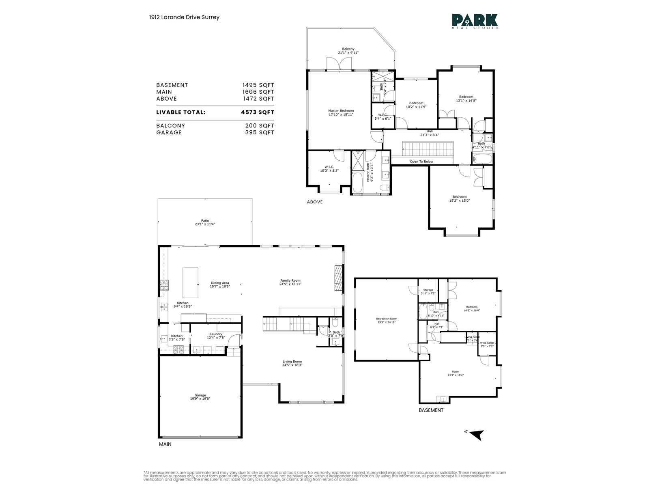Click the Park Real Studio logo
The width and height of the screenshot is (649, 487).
475,21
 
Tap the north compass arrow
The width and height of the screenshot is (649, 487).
478,435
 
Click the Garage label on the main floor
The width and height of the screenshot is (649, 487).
200,395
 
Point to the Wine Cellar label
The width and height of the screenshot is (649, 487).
487,343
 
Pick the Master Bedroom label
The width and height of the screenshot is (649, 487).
341,111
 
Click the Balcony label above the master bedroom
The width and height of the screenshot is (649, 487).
348,49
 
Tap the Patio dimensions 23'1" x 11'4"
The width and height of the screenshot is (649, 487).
205,224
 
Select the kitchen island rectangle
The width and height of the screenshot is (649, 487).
190,283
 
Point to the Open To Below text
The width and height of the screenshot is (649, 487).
421,162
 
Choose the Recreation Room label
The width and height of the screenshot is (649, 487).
386,319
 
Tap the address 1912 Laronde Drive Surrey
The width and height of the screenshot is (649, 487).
184,17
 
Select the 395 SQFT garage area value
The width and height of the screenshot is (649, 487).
258,133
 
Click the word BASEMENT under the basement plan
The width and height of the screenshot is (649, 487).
431,410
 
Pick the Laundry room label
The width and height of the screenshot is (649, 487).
216,334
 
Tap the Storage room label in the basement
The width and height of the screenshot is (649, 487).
428,290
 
